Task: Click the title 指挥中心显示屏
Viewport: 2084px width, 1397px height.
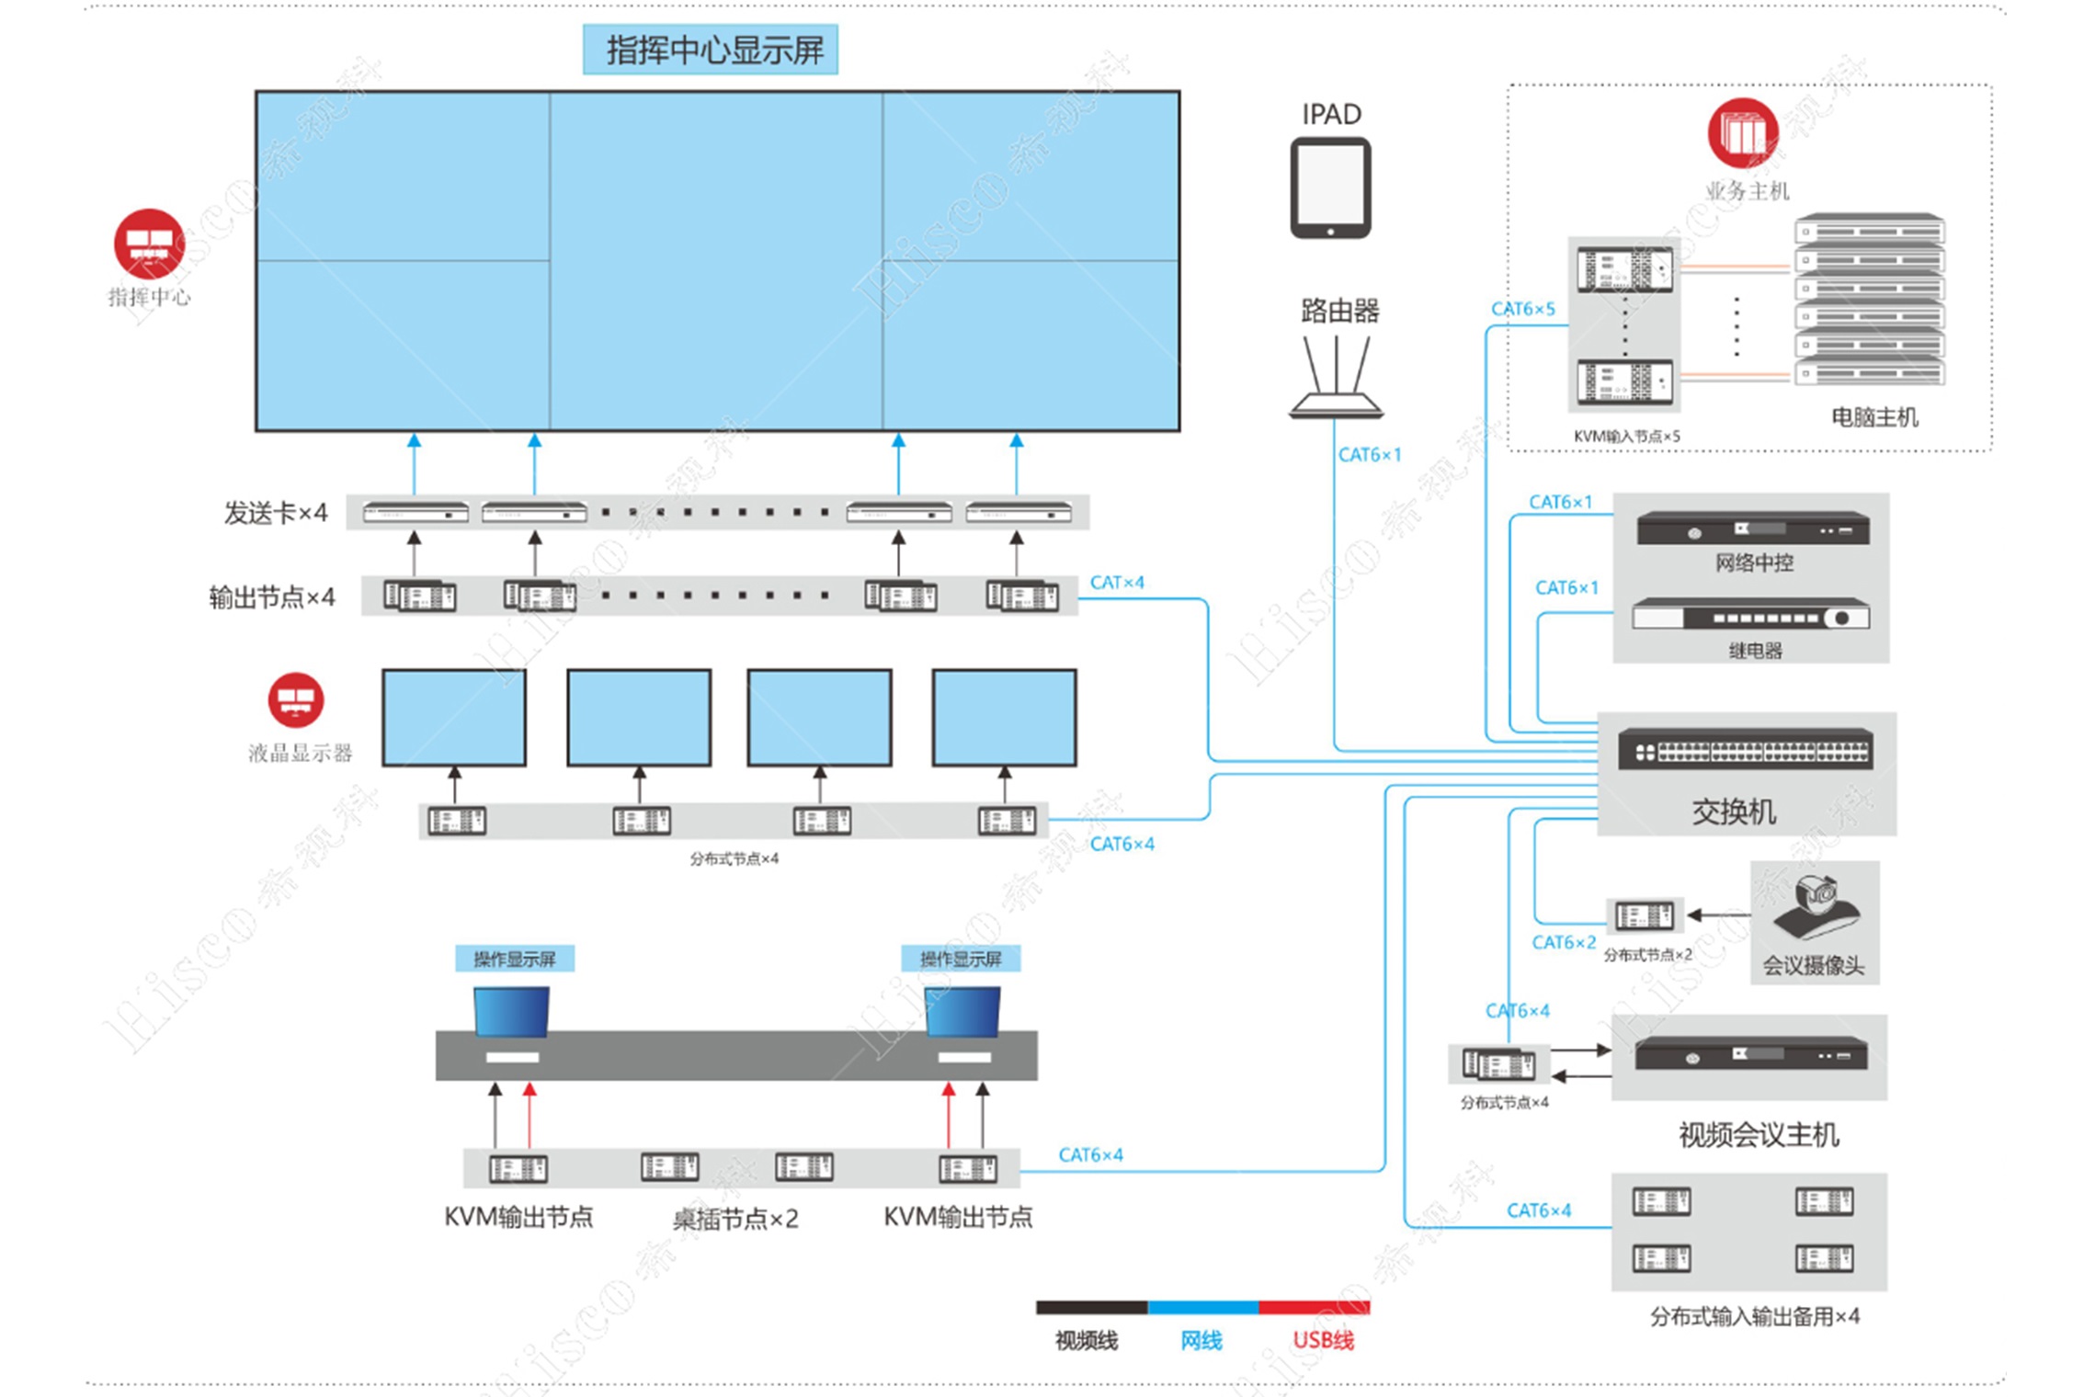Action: (711, 50)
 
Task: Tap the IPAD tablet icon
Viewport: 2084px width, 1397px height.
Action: (1330, 188)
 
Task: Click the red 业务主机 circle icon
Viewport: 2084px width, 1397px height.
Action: (1742, 134)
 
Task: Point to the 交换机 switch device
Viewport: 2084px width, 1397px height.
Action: (1745, 751)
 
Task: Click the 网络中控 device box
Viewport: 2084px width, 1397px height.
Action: (1752, 529)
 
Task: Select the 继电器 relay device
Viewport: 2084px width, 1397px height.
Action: (1750, 616)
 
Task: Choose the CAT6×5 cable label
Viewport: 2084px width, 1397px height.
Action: (1522, 309)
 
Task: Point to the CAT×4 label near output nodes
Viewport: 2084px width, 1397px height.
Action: (1117, 583)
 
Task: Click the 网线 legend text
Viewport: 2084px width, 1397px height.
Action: (1201, 1341)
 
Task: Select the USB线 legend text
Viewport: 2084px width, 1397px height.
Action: (1323, 1341)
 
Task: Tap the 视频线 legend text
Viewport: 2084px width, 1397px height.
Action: (1087, 1341)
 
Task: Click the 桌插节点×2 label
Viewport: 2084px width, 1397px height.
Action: (735, 1219)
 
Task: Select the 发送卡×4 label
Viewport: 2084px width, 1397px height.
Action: (276, 513)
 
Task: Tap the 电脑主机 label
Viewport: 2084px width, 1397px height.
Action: (1874, 417)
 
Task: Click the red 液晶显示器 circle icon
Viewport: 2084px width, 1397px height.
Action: (296, 700)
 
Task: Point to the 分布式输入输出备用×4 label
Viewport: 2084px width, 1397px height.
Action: (1754, 1316)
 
